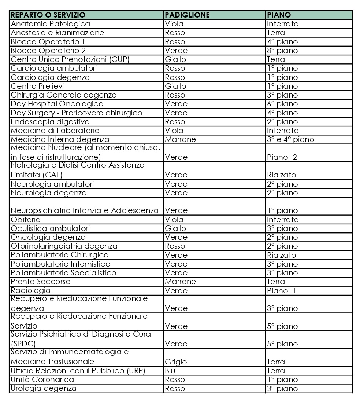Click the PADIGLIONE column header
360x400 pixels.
[187, 15]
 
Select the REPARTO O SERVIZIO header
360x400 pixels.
[48, 15]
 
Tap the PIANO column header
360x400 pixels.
[279, 15]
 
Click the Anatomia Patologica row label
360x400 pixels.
[50, 24]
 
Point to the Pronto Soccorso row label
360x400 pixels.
[40, 282]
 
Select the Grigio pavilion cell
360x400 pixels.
[176, 362]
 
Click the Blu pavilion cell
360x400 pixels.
[170, 371]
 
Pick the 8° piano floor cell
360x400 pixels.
[282, 51]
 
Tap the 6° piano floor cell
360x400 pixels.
[282, 104]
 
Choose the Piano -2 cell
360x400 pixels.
[282, 157]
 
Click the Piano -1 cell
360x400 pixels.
[282, 291]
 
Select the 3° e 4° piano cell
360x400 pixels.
[290, 139]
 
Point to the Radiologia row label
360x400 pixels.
[31, 291]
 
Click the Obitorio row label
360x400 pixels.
[26, 220]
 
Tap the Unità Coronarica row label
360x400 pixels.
[42, 379]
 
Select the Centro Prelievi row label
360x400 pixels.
[37, 86]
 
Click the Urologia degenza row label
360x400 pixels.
[44, 388]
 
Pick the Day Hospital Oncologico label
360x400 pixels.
[57, 104]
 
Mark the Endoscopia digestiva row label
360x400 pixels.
[50, 122]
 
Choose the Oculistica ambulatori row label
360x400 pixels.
[50, 228]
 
